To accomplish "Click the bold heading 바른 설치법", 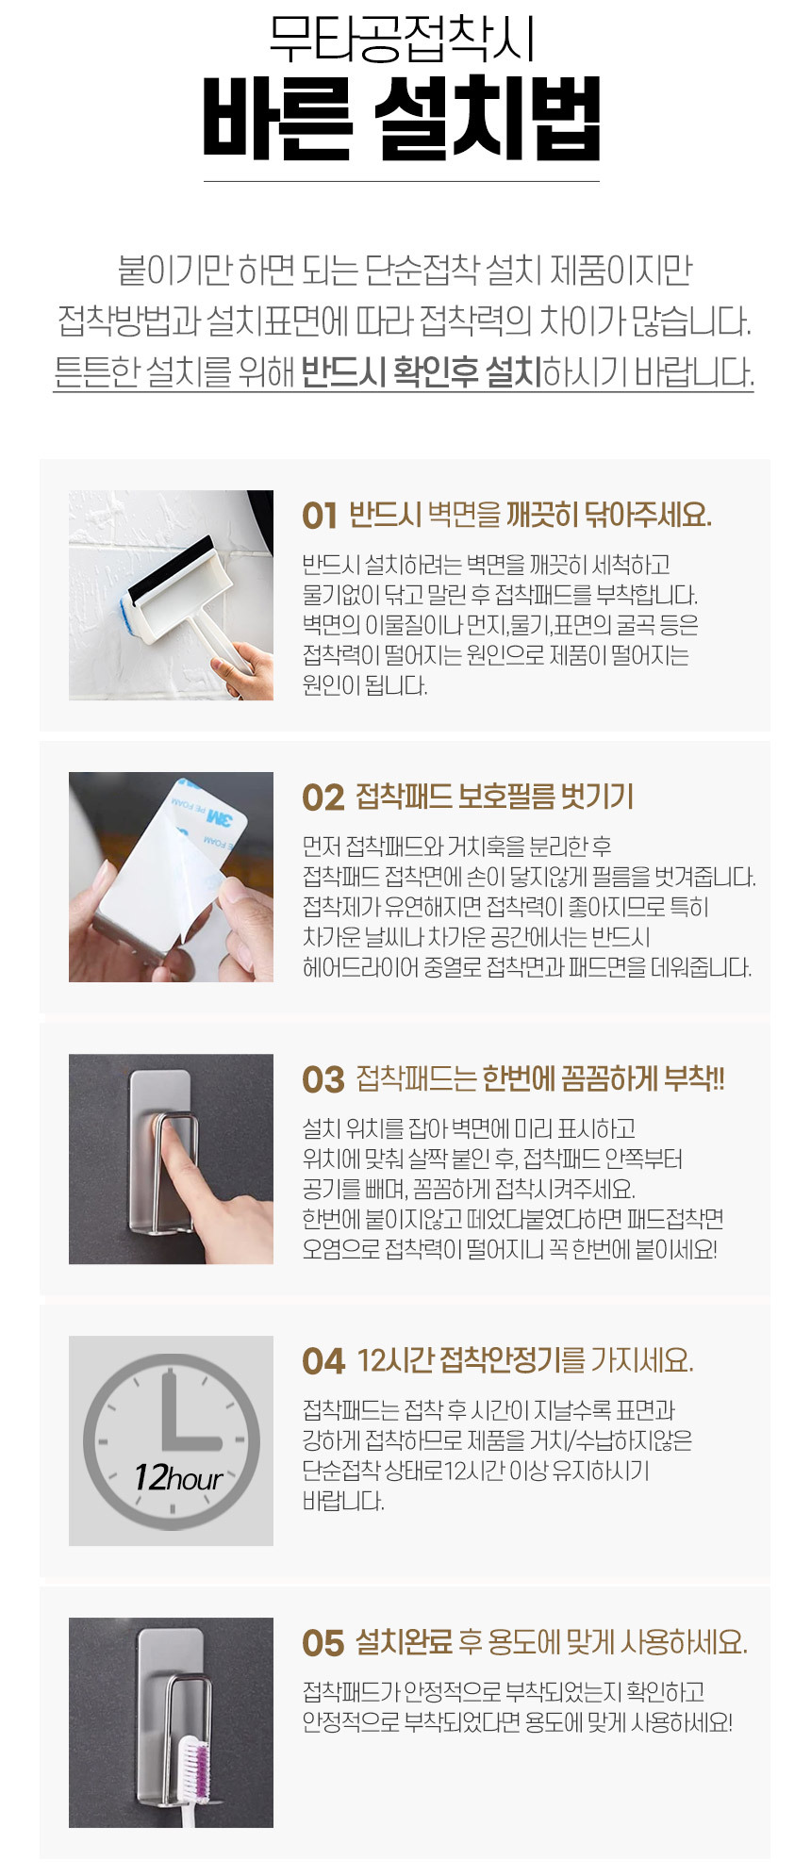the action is (x=402, y=119).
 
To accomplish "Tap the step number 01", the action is (x=320, y=516).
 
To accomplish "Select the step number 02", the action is (x=323, y=798).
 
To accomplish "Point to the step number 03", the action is (x=323, y=1079).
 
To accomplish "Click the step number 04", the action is (x=323, y=1361).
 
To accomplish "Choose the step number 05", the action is (x=323, y=1643).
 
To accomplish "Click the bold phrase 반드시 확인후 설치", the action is (x=422, y=371).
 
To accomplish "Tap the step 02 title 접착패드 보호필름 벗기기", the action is (x=495, y=798).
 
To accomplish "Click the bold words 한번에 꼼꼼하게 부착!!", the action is (x=604, y=1079).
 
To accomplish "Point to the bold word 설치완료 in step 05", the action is (x=405, y=1643).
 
